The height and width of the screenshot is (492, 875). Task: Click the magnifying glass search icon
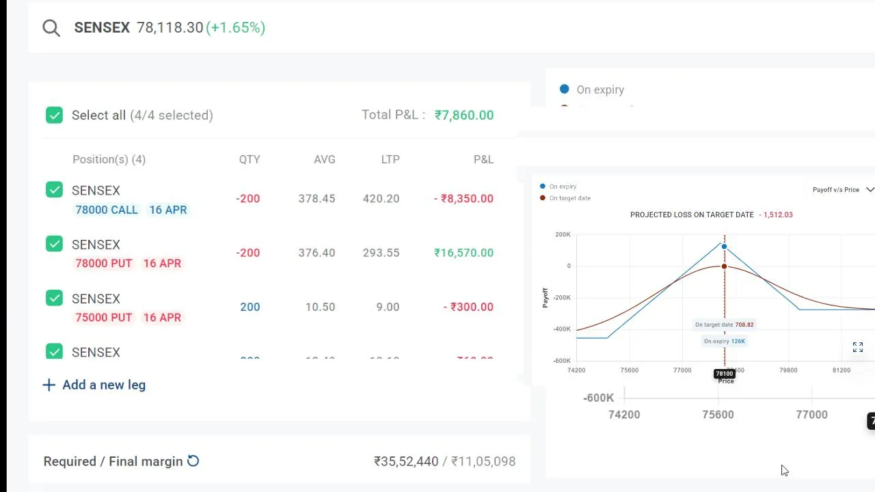(x=51, y=27)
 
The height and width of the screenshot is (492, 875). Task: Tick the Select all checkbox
(x=54, y=115)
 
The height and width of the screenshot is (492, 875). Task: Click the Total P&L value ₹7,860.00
(x=463, y=115)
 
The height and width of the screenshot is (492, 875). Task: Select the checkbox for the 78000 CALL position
(x=54, y=190)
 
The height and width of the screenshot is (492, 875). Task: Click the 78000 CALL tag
(x=107, y=210)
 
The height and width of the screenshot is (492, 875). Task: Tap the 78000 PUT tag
(x=103, y=263)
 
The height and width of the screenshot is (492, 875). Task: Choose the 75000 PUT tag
(x=103, y=317)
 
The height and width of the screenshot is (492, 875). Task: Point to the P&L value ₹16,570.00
(x=463, y=253)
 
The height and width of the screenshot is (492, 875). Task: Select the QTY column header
(x=250, y=159)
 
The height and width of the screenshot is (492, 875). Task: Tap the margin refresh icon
(x=193, y=461)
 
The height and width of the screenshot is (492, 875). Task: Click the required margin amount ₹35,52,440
(x=406, y=461)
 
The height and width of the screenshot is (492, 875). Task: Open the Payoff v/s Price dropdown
(x=843, y=189)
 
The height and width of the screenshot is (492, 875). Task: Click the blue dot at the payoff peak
(x=724, y=247)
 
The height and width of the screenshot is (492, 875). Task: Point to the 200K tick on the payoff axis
(x=563, y=234)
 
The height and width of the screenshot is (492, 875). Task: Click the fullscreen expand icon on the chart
(x=858, y=348)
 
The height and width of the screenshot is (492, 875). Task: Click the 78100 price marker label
(x=724, y=374)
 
